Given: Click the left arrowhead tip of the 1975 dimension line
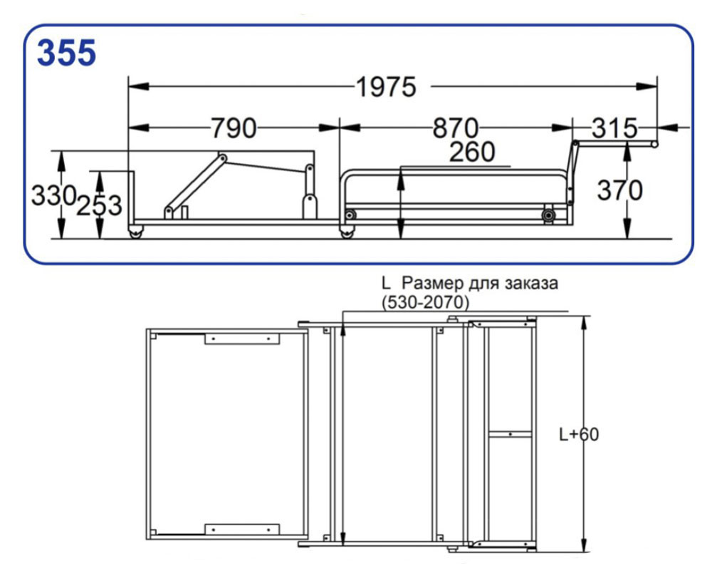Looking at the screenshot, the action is (x=129, y=86).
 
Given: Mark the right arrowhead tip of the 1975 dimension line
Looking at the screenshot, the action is (x=656, y=86).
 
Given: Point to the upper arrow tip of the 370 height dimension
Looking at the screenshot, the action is (x=627, y=142).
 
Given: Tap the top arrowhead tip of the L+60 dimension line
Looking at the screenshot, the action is (x=585, y=316).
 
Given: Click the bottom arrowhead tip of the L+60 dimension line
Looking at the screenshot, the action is (x=585, y=551).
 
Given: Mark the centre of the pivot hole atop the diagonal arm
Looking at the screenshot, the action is (x=222, y=159).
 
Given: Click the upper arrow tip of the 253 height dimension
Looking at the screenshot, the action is (x=100, y=172).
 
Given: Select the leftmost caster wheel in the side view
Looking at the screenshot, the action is (x=136, y=232).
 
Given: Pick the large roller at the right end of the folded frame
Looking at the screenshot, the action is (x=548, y=215).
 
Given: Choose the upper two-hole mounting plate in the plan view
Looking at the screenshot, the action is (x=241, y=339).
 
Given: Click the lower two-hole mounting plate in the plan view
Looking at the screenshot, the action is (x=241, y=530).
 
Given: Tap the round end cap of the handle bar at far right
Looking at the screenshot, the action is (x=654, y=145).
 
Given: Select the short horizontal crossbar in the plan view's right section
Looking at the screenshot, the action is (x=510, y=435).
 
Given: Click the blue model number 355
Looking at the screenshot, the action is (x=66, y=53).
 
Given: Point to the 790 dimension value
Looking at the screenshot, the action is (x=234, y=128).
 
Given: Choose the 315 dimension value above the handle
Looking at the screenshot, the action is (x=614, y=128).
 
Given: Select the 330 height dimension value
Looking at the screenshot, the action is (x=53, y=196).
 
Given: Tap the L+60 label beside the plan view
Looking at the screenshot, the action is (x=578, y=435).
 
